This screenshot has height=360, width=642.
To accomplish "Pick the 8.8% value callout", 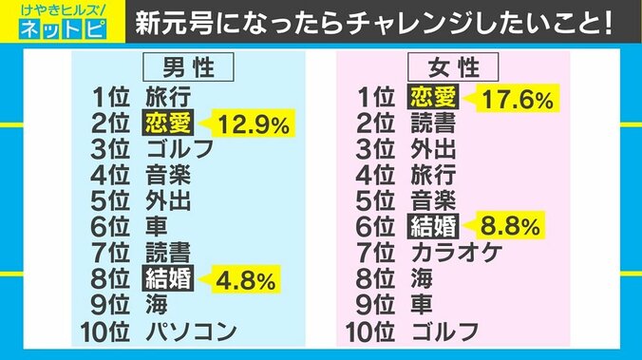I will pos(509,227).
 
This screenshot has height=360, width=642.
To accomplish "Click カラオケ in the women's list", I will pos(455,254).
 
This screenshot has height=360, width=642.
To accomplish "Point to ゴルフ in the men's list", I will pos(179,148).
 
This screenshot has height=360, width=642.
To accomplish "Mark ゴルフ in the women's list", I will pos(444,332).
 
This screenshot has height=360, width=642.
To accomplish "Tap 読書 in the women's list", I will pos(433,123).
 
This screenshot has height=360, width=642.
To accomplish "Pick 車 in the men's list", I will pos(157,227).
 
